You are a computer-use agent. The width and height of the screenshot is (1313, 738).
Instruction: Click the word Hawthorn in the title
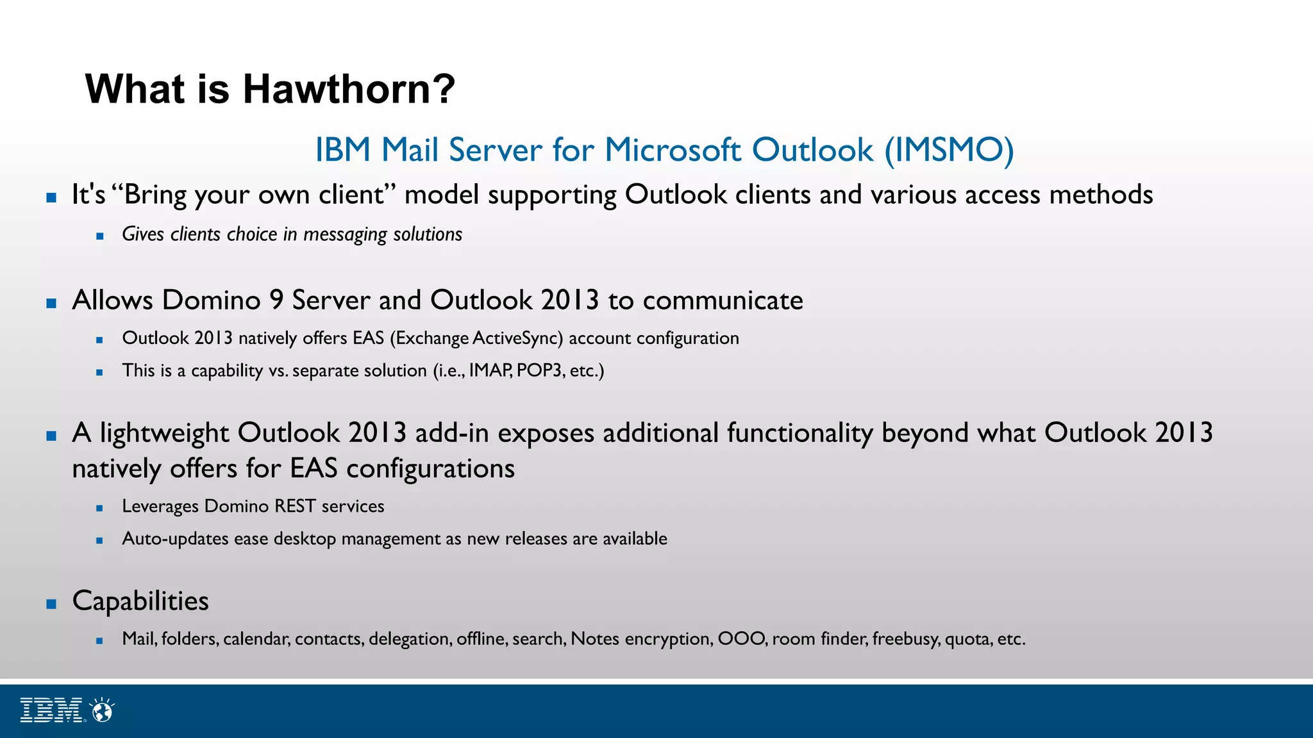click(x=348, y=88)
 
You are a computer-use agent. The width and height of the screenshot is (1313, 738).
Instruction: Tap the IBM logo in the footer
click(x=52, y=710)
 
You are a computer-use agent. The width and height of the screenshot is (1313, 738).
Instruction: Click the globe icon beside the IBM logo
click(x=103, y=710)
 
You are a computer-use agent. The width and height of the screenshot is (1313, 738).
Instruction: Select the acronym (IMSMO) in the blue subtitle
click(x=949, y=151)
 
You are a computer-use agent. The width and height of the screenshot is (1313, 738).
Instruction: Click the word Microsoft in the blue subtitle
click(x=673, y=151)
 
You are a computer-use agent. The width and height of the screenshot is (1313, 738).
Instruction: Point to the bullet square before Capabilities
click(x=52, y=603)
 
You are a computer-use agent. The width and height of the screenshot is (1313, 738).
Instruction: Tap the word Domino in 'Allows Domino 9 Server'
click(x=212, y=300)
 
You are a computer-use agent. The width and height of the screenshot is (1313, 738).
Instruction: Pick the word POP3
click(x=539, y=371)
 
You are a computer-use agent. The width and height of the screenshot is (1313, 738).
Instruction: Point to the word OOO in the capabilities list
click(x=741, y=639)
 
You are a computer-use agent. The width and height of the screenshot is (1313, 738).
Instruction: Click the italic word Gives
click(x=143, y=234)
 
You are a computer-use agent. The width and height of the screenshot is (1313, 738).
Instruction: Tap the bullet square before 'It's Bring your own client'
click(x=52, y=198)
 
